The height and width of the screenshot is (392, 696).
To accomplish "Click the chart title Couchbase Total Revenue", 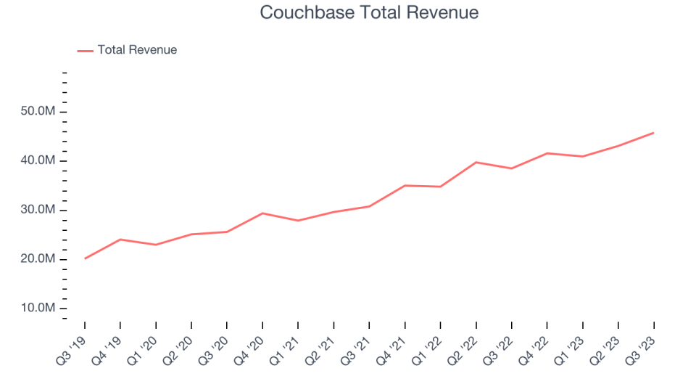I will [x=369, y=13].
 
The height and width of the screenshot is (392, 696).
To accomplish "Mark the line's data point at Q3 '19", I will [x=85, y=258].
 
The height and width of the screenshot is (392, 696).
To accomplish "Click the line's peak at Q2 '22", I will [x=476, y=162].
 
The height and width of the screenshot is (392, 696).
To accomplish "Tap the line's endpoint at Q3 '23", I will [x=653, y=133].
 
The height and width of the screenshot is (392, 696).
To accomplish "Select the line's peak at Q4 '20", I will [x=262, y=213].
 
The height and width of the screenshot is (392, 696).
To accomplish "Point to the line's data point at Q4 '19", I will [x=120, y=240].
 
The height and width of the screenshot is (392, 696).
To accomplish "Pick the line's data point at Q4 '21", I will [x=405, y=185].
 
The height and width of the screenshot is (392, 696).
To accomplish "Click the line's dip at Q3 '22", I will [x=512, y=168].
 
